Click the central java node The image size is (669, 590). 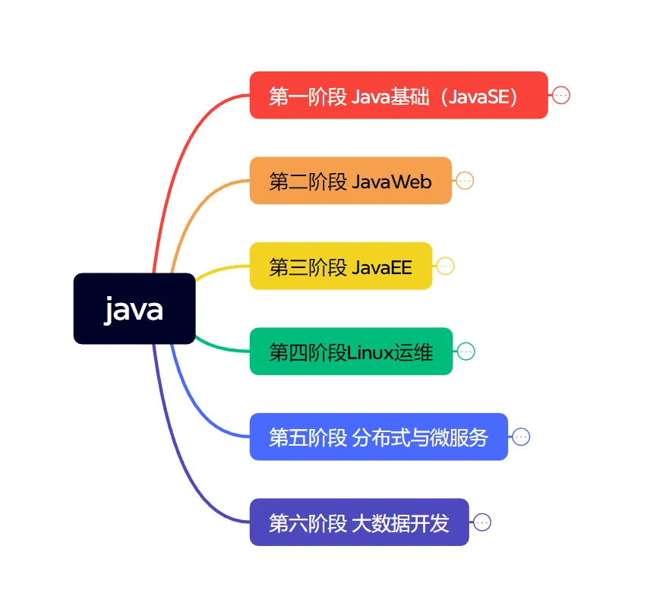pyautogui.click(x=134, y=308)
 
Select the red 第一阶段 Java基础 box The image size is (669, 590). pyautogui.click(x=399, y=96)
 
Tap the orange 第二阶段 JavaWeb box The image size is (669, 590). pyautogui.click(x=350, y=181)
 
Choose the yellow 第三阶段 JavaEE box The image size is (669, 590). pyautogui.click(x=340, y=266)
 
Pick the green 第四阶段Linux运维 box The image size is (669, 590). pyautogui.click(x=351, y=352)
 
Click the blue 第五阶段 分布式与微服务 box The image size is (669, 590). pyautogui.click(x=378, y=437)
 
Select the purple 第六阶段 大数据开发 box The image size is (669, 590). pyautogui.click(x=358, y=522)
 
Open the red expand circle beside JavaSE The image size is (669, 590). pyautogui.click(x=561, y=96)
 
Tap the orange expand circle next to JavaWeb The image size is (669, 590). pyautogui.click(x=465, y=181)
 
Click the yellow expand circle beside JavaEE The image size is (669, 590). pyautogui.click(x=445, y=266)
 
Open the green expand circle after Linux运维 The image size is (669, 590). pyautogui.click(x=466, y=352)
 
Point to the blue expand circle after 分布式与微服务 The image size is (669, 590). pyautogui.click(x=521, y=437)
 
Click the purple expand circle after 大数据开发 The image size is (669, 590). pyautogui.click(x=482, y=522)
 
